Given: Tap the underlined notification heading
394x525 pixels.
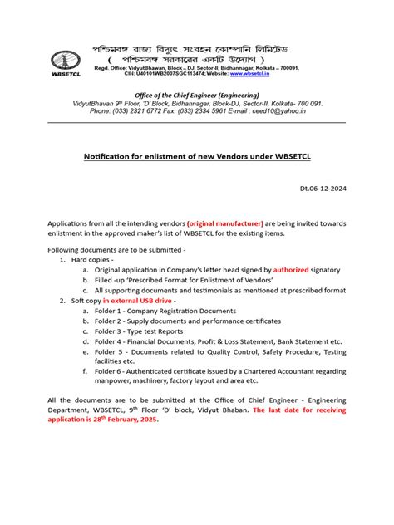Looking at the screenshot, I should point(196,156).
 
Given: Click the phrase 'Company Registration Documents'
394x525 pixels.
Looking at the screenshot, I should point(188,310).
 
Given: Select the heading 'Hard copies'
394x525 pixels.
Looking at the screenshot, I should point(93,260).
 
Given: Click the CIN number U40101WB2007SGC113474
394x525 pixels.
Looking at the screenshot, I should point(165,86).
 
